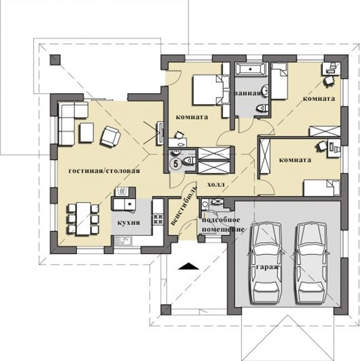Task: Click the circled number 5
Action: [x=175, y=164]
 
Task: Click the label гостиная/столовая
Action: [x=104, y=171]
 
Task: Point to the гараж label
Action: [x=267, y=267]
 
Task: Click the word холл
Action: [x=216, y=185]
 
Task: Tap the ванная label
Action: [x=248, y=93]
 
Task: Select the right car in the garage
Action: [x=311, y=263]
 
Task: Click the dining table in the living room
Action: [x=83, y=219]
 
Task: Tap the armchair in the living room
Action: [x=110, y=136]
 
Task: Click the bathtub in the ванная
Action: [x=251, y=68]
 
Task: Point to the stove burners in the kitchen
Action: [x=158, y=219]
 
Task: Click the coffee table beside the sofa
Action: [x=87, y=133]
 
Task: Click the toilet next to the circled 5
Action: [x=189, y=161]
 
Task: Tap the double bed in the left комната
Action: [x=208, y=90]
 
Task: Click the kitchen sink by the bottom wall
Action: [x=122, y=241]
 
